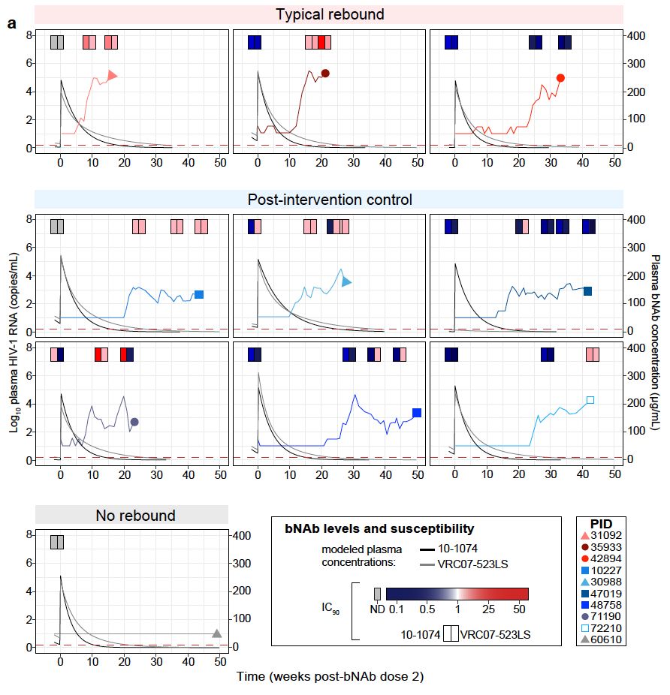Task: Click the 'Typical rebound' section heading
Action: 329,15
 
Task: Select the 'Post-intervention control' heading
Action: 329,200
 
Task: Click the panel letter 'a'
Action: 11,23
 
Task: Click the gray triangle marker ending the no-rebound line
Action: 217,634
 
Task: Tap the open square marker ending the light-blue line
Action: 590,400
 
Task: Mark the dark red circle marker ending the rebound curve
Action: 325,73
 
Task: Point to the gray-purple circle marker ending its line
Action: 134,422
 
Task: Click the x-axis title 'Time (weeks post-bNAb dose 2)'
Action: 330,676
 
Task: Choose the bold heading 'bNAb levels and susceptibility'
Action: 379,528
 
